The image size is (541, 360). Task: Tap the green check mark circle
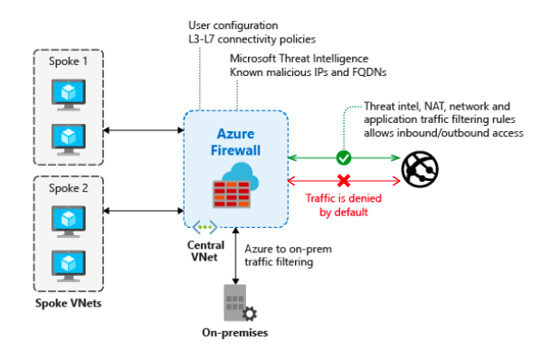[343, 157]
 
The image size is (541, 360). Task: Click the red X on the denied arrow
[343, 180]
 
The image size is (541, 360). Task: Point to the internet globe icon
[419, 168]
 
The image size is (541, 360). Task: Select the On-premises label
[234, 333]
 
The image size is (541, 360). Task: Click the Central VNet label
[205, 251]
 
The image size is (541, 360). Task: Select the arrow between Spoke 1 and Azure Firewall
[144, 131]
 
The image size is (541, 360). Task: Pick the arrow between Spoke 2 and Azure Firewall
[144, 213]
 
